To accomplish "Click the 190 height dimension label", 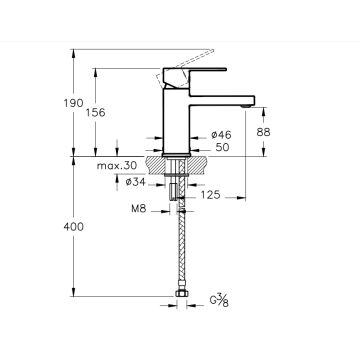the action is click(73, 103).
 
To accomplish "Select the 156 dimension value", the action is click(95, 113).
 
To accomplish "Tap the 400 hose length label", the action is click(73, 227).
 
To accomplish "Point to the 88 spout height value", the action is click(263, 132).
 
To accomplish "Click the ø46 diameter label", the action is click(221, 135).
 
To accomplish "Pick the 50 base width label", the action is click(223, 147).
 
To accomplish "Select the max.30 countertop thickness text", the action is click(117, 166).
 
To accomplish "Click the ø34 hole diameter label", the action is click(136, 182).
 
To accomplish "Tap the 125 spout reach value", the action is click(211, 195).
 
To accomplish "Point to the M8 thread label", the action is click(139, 209).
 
